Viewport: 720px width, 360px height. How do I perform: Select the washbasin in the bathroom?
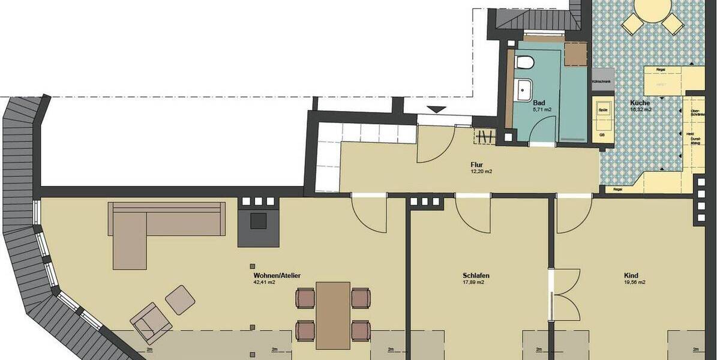524,90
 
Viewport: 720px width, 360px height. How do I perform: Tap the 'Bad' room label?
539,103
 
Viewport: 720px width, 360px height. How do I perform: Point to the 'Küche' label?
640,103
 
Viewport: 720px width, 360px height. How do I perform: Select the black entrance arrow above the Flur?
437,109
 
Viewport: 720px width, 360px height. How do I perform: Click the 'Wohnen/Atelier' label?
277,275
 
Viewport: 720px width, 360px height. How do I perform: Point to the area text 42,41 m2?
264,283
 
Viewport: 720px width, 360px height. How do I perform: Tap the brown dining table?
333,314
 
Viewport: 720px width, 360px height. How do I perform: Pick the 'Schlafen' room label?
476,276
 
